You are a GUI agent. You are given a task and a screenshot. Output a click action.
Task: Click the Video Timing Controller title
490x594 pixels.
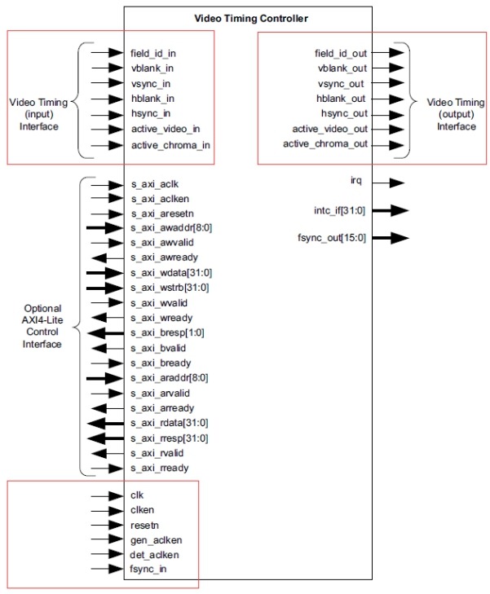point(251,18)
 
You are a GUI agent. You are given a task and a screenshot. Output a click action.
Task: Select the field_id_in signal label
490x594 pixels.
point(153,54)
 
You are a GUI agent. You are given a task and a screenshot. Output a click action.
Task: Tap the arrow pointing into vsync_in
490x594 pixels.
point(108,83)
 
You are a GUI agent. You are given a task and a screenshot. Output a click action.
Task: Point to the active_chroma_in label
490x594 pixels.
point(170,145)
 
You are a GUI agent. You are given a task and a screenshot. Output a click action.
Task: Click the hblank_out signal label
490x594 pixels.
point(341,99)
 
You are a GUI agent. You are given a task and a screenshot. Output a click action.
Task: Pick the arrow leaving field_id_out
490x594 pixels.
point(388,52)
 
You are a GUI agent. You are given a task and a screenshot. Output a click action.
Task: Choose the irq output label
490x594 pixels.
point(355,180)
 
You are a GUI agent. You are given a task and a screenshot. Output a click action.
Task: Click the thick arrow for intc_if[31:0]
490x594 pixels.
point(390,210)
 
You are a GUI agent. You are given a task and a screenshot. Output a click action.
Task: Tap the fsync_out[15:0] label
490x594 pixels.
point(332,238)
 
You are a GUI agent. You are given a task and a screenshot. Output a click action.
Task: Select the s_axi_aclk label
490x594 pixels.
point(155,184)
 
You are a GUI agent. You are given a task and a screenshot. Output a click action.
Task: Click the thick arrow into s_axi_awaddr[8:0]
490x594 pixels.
point(105,228)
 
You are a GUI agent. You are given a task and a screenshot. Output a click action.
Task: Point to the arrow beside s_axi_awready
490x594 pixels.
point(108,258)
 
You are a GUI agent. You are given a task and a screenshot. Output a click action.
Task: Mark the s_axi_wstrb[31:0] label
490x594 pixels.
point(170,288)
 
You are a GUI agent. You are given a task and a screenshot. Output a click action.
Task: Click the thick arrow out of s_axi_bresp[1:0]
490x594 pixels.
point(106,333)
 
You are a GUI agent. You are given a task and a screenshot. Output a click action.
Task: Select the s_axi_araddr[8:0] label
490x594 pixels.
point(170,378)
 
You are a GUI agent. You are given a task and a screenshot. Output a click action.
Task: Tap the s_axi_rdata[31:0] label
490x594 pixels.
point(170,423)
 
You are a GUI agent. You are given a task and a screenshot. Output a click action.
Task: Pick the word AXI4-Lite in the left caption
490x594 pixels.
point(42,320)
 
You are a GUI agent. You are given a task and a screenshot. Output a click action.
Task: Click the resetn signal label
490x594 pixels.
point(144,526)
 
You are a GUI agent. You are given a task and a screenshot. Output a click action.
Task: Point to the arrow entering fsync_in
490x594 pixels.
point(108,569)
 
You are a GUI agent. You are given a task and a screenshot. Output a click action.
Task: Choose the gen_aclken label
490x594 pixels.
point(157,540)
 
